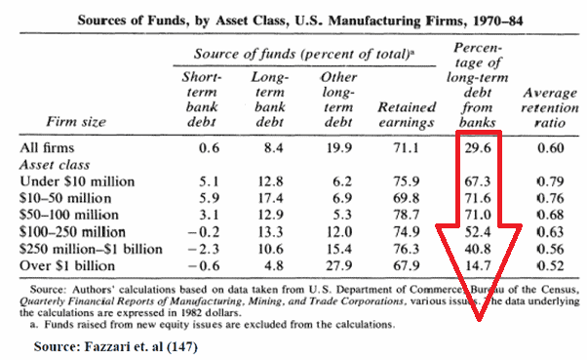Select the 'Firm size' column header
pos(76,122)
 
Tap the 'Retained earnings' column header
pos(407,114)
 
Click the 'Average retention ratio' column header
pos(550,108)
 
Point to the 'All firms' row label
pos(47,147)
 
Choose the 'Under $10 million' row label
pos(77,181)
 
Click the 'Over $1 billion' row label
pos(67,265)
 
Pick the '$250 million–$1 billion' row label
pos(91,249)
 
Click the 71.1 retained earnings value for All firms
pos(406,148)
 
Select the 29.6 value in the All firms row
pos(478,148)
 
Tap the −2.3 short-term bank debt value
pos(204,249)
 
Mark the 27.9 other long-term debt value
pos(338,265)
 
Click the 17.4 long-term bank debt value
pos(270,198)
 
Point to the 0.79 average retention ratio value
pos(550,181)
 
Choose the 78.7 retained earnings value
pos(406,215)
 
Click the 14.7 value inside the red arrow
pos(478,265)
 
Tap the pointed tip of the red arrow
pos(479,321)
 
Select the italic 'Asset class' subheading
pos(55,165)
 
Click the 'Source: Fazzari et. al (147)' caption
pos(116,347)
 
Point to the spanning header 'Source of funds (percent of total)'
pos(304,54)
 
